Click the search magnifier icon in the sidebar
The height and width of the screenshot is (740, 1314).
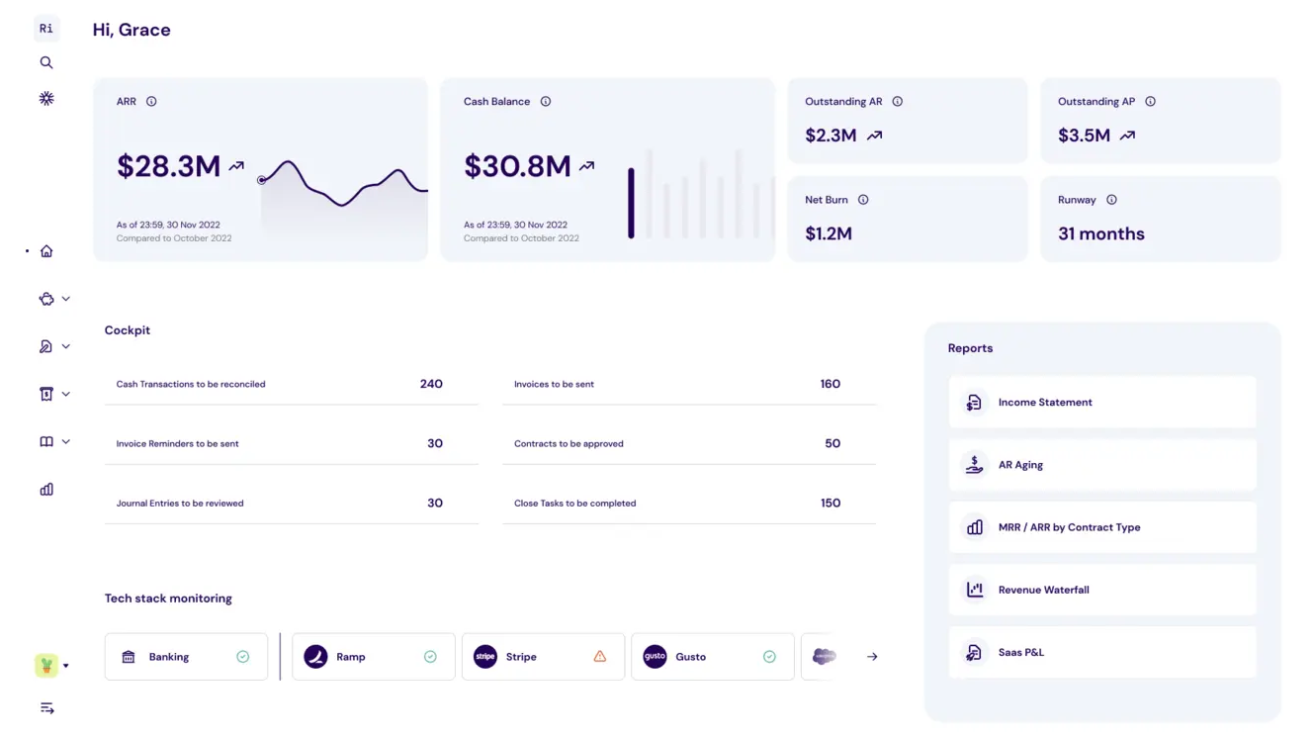point(46,62)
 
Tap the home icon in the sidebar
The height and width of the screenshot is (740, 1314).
point(46,251)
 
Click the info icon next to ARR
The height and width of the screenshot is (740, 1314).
point(151,101)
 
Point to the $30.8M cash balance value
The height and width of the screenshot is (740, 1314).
point(517,166)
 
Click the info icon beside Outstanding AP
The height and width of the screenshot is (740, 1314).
point(1150,101)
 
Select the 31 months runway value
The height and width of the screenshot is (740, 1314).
point(1100,233)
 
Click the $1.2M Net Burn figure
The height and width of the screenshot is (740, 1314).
point(829,233)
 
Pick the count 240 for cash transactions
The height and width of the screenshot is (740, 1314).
point(431,384)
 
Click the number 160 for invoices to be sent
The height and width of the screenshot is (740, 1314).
point(830,384)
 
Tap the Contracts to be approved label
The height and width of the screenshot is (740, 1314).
point(569,444)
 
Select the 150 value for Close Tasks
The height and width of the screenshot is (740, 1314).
point(831,503)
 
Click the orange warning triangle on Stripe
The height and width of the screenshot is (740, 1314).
point(599,656)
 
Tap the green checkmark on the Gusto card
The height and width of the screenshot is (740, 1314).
point(769,656)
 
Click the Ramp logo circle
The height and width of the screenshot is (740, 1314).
point(315,656)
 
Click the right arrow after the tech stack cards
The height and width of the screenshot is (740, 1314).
point(872,656)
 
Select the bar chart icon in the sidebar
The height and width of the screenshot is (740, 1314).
point(46,489)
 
